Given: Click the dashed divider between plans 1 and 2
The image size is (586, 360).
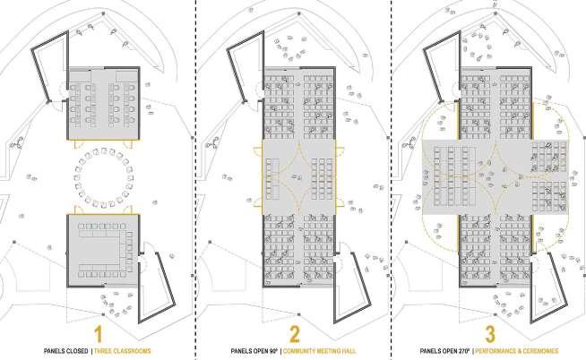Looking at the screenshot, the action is tap(195, 179).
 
